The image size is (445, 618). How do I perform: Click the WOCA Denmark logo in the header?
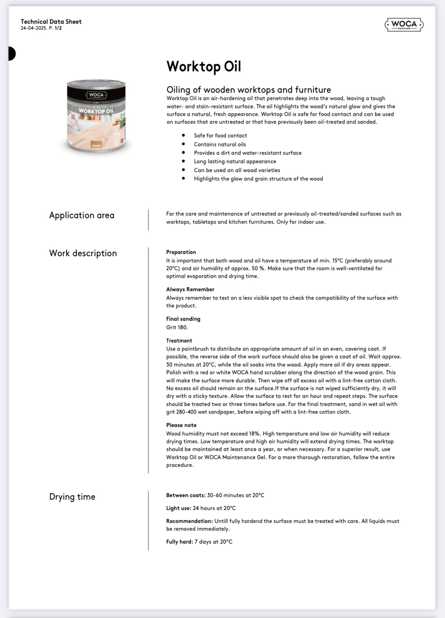click(x=404, y=25)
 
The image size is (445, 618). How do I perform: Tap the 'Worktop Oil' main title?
click(x=203, y=66)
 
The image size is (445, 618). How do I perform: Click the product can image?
click(x=96, y=115)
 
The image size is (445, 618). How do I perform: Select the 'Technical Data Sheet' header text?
click(x=51, y=22)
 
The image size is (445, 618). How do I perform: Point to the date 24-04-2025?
click(x=34, y=28)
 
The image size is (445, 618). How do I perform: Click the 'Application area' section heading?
click(x=82, y=215)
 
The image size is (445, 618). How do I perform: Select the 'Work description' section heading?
click(x=83, y=253)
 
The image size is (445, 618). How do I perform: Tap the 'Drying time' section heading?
click(x=72, y=497)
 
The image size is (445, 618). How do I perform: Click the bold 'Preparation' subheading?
click(x=181, y=252)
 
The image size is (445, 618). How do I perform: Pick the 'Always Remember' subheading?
click(x=190, y=289)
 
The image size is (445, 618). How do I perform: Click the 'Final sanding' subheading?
click(x=183, y=319)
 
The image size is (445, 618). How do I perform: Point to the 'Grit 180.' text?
click(x=177, y=327)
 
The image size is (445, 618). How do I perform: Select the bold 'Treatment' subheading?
click(x=179, y=341)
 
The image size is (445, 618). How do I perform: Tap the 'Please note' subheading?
click(x=181, y=425)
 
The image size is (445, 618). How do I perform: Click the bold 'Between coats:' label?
click(x=186, y=495)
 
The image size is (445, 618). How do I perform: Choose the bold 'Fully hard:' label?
click(x=179, y=542)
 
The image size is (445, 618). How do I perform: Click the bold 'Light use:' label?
click(x=179, y=508)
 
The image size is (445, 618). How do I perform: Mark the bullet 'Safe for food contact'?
click(x=220, y=135)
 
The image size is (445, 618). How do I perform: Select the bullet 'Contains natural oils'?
click(x=220, y=144)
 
